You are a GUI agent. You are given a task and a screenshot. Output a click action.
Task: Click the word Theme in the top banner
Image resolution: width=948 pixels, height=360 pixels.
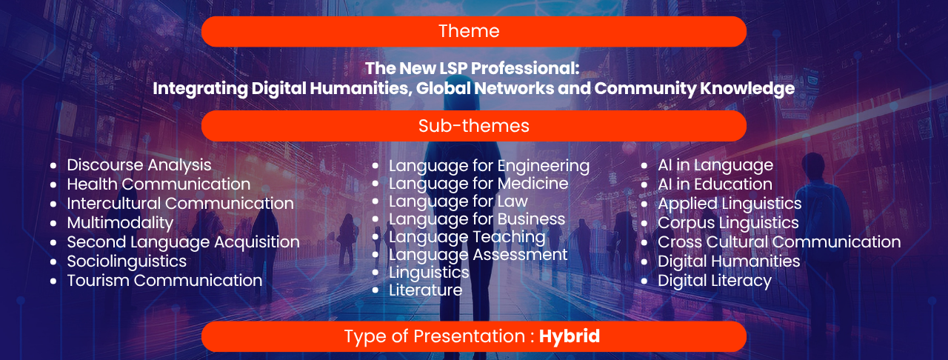(469, 31)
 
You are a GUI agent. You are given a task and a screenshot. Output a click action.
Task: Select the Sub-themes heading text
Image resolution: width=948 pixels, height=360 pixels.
(473, 126)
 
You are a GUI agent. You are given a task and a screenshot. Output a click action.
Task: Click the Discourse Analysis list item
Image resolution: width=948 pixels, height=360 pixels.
(138, 165)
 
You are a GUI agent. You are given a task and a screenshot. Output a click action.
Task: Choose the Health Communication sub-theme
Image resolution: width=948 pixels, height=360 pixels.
(158, 184)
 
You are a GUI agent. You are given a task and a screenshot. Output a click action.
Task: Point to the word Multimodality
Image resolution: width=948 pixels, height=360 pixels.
(120, 223)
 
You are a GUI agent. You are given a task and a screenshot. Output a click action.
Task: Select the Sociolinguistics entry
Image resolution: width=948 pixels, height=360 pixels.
(127, 261)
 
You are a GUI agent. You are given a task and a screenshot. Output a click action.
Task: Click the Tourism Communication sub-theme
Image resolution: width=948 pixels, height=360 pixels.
(164, 281)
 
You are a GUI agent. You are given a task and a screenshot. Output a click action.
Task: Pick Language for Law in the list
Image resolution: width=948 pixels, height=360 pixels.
(458, 201)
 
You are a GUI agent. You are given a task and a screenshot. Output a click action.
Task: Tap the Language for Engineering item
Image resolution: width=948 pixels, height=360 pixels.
(490, 166)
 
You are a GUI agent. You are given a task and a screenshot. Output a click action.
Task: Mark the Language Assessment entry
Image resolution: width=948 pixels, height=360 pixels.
(478, 255)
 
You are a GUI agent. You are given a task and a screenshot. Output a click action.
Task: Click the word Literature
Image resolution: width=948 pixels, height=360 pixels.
(425, 290)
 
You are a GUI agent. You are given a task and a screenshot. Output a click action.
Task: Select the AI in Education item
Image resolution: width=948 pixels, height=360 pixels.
(715, 184)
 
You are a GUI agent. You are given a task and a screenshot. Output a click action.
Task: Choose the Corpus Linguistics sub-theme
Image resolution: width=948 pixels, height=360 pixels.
(728, 223)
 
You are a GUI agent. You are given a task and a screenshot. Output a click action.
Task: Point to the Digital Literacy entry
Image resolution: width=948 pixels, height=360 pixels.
(715, 281)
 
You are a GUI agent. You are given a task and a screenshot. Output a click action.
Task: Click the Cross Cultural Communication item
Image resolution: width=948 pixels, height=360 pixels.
(779, 241)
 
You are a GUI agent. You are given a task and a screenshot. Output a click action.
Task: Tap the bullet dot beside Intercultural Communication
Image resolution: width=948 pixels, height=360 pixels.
(53, 204)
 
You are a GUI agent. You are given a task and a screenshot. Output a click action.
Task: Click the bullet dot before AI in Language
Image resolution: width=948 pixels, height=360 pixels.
(644, 166)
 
